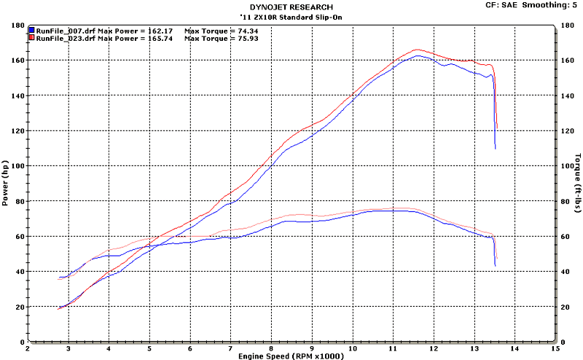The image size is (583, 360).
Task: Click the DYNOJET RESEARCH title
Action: [x=291, y=7]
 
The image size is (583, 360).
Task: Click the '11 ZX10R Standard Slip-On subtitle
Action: [x=291, y=16]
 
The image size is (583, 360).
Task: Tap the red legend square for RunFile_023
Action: [x=31, y=38]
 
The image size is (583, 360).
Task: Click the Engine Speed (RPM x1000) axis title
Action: [x=291, y=355]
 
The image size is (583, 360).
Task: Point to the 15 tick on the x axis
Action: [x=556, y=348]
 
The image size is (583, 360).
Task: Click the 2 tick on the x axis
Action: [x=28, y=348]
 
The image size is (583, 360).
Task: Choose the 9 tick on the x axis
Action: [x=313, y=348]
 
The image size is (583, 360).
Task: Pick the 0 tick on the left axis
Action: [x=21, y=342]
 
